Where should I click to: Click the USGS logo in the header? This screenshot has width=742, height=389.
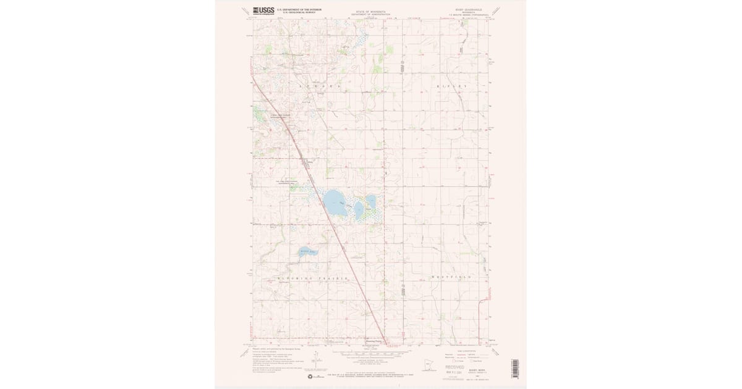click(x=263, y=10)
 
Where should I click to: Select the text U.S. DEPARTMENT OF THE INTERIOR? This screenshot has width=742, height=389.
click(x=299, y=9)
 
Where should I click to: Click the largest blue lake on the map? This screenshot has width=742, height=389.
click(x=335, y=202)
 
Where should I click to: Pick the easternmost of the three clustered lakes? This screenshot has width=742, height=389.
click(x=370, y=201)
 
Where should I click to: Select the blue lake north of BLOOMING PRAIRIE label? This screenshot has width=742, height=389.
click(x=305, y=252)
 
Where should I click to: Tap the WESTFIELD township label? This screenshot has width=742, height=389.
click(x=451, y=277)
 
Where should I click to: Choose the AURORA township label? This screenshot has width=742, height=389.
click(x=315, y=86)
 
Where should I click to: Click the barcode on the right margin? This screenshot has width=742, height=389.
click(x=514, y=369)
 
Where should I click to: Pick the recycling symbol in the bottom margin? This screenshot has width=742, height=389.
click(x=310, y=375)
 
